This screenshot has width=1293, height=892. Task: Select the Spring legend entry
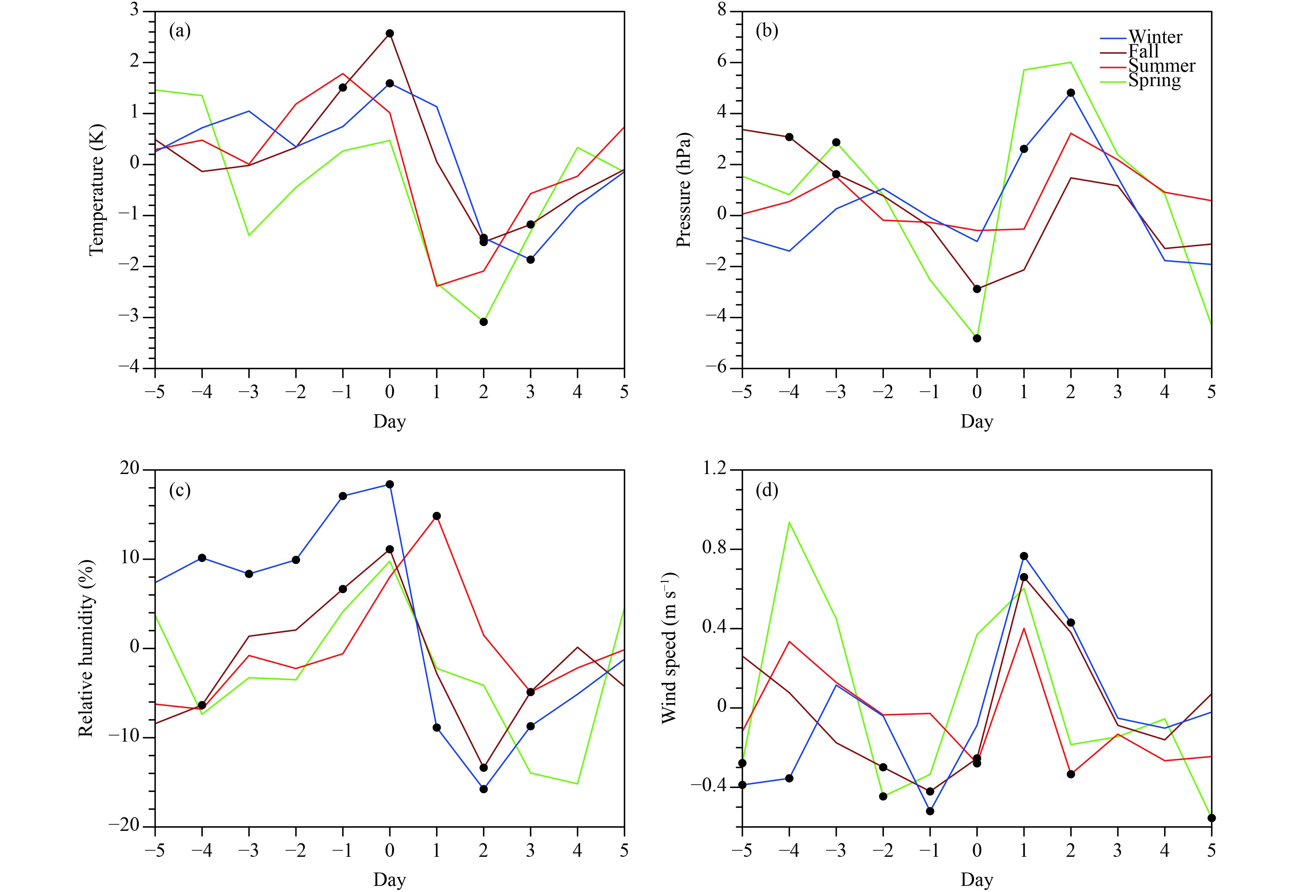coord(1154,80)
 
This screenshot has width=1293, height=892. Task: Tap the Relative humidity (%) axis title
coord(86,648)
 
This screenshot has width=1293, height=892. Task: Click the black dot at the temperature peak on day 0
coord(390,33)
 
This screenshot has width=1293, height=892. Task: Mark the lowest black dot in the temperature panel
coord(484,322)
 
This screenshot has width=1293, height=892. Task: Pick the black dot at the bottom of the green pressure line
coord(977,338)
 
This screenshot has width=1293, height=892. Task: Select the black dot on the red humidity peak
coord(437,516)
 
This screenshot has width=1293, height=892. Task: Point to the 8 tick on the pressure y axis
coord(727,11)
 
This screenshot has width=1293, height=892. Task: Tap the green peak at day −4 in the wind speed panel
coord(789,522)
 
